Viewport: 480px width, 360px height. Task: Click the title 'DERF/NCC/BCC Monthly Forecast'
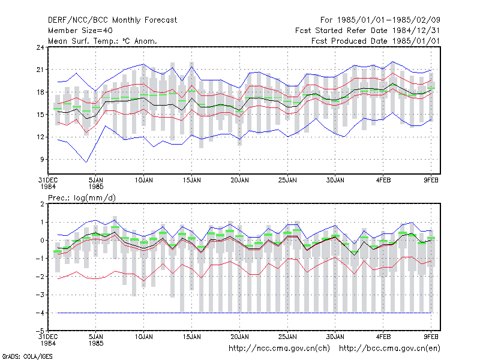pyautogui.click(x=112, y=20)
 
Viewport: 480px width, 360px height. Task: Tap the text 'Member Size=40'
pyautogui.click(x=80, y=31)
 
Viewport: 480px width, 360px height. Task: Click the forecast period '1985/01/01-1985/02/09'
pyautogui.click(x=388, y=20)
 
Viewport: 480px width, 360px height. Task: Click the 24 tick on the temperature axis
pyautogui.click(x=40, y=47)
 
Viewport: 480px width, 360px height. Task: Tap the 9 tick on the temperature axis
pyautogui.click(x=42, y=160)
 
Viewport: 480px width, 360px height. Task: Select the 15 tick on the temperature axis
pyautogui.click(x=40, y=115)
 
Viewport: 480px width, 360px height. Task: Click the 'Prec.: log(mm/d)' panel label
pyautogui.click(x=82, y=198)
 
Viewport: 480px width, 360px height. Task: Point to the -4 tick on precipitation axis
pyautogui.click(x=40, y=313)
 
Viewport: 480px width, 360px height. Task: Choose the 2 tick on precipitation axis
pyautogui.click(x=42, y=204)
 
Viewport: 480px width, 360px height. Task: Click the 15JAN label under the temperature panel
pyautogui.click(x=192, y=181)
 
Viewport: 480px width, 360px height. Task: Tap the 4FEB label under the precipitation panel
pyautogui.click(x=383, y=337)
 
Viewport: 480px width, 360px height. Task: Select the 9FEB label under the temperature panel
pyautogui.click(x=431, y=181)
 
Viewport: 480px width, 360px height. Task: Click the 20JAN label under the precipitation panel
pyautogui.click(x=239, y=337)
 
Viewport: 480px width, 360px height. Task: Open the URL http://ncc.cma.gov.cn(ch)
pyautogui.click(x=279, y=349)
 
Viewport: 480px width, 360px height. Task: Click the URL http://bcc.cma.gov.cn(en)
pyautogui.click(x=389, y=349)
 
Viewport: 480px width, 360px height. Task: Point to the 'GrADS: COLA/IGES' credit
pyautogui.click(x=27, y=356)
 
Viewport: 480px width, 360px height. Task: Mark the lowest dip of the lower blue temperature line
pyautogui.click(x=86, y=162)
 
